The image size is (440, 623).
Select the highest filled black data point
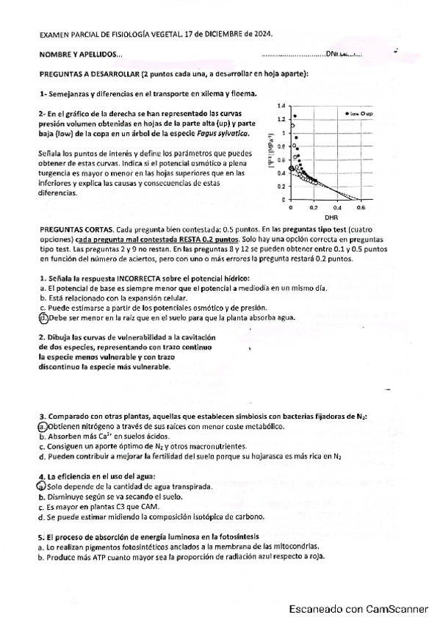click(295, 116)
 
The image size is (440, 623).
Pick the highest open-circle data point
click(293, 126)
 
